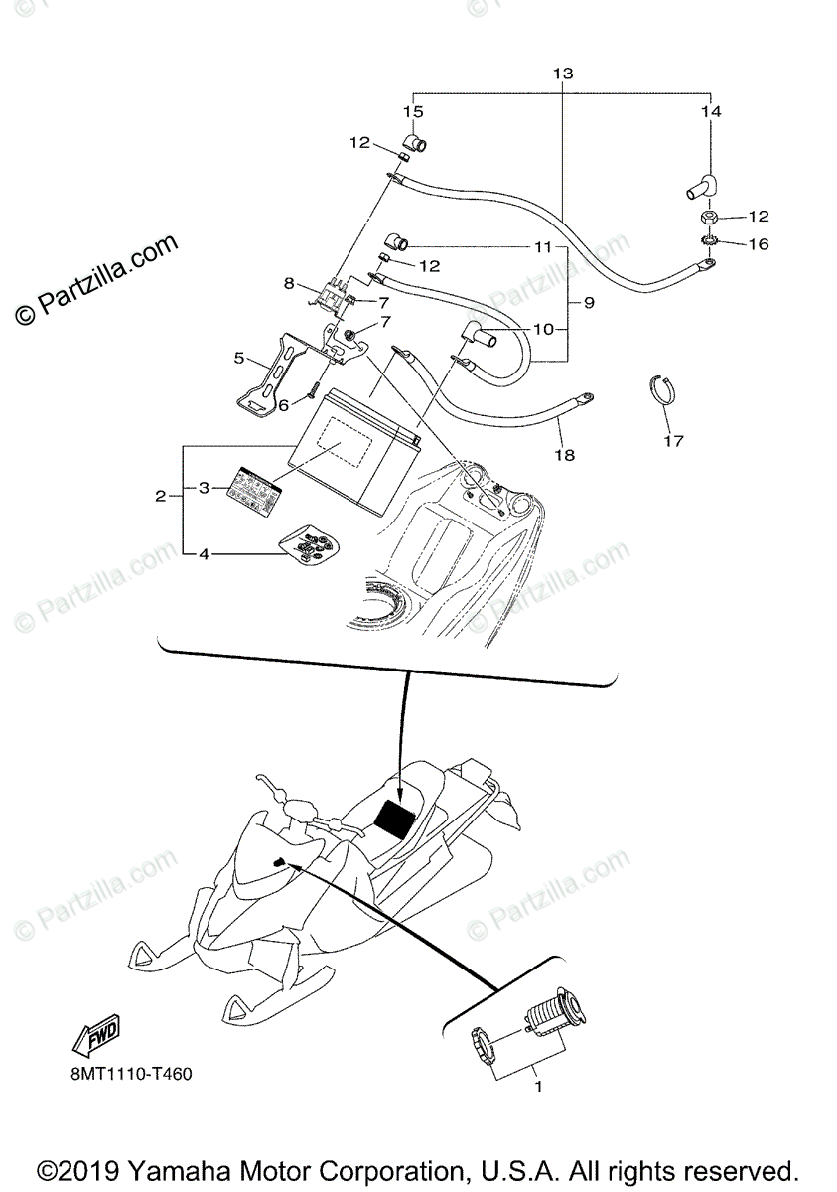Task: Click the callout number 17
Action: tap(674, 440)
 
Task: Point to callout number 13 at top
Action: tap(563, 74)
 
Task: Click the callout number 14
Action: tap(711, 112)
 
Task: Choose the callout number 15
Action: tap(413, 112)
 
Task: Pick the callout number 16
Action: tap(758, 243)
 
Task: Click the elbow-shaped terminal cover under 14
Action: tap(706, 185)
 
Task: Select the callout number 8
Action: tap(289, 283)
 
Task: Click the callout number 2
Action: tap(161, 496)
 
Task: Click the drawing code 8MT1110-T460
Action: tap(131, 1075)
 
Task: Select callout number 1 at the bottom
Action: tap(537, 1087)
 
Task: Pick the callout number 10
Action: tap(543, 329)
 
